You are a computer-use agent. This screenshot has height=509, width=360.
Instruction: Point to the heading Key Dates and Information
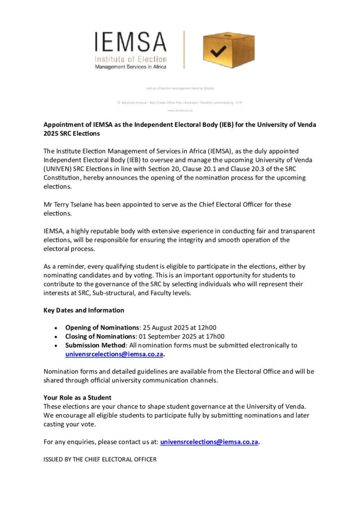click(84, 310)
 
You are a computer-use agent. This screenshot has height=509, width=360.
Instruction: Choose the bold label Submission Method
click(95, 345)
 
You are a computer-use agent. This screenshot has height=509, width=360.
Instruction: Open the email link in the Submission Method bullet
click(114, 354)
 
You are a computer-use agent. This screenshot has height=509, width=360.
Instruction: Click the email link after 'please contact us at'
click(209, 441)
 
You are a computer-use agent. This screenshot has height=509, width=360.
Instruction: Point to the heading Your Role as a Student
click(77, 398)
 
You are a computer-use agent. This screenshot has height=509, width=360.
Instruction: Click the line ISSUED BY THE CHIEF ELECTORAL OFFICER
click(100, 459)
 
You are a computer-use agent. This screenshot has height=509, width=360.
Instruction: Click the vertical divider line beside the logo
click(184, 50)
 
